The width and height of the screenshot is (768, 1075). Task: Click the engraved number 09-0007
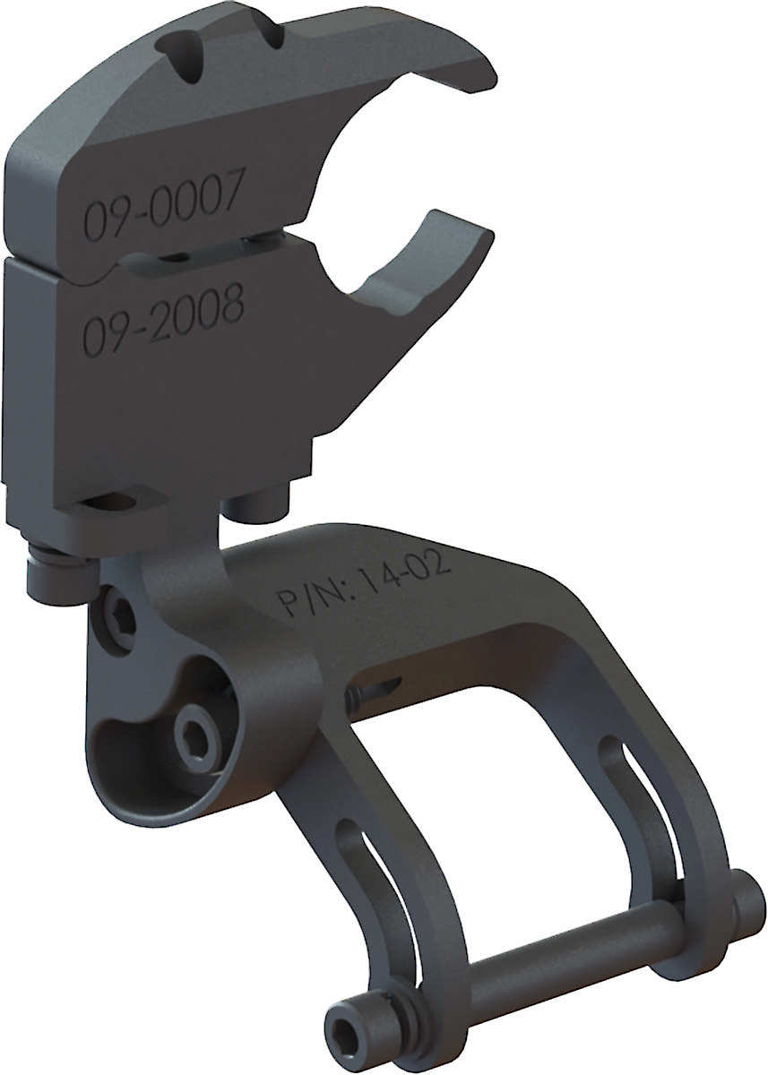point(162,209)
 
